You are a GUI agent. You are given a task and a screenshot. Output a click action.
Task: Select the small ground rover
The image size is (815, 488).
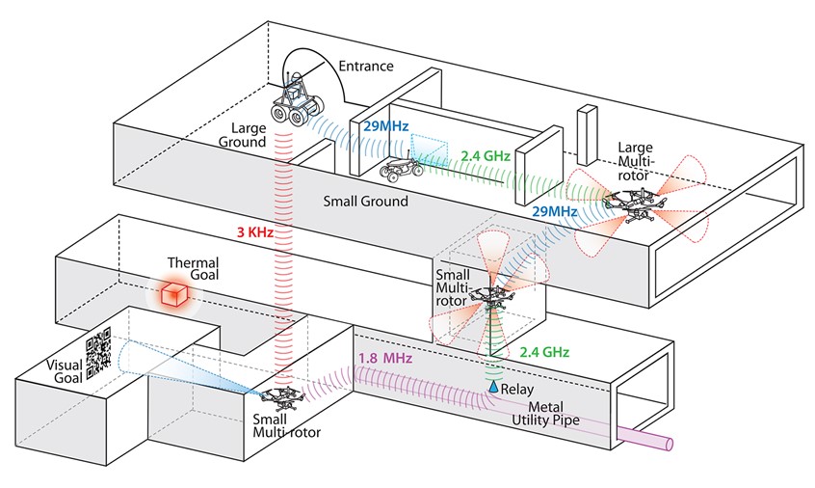coord(401,171)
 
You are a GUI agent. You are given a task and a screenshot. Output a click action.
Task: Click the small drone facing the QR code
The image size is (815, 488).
coord(278,395)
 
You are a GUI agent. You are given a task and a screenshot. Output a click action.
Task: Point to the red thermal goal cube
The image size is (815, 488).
coord(173,297)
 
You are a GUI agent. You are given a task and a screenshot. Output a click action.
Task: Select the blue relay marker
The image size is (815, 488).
coord(493,386)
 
